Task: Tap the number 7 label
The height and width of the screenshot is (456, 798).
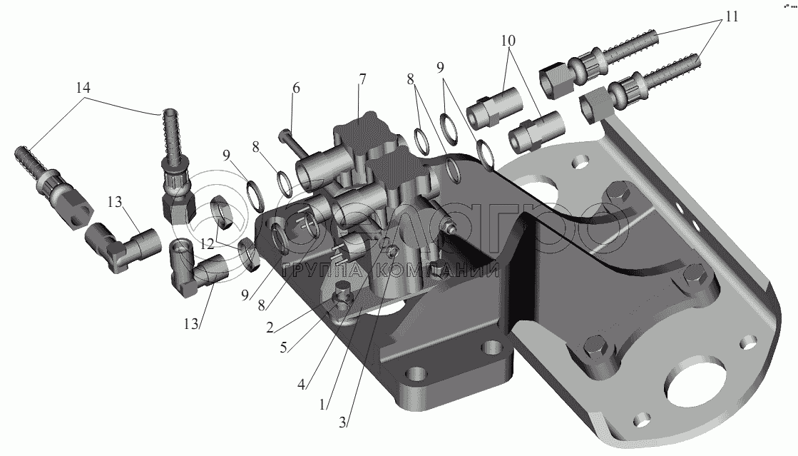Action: pos(362,79)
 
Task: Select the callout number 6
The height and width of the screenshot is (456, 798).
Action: pos(296,88)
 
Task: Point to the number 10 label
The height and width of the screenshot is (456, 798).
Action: pos(508,40)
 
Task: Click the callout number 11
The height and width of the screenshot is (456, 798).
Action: pos(731,16)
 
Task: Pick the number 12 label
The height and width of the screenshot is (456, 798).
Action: pos(207,244)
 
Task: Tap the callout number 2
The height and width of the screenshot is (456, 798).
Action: pos(270,327)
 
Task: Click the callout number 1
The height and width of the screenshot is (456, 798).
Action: pos(322,405)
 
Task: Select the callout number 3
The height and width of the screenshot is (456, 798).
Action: pos(342,422)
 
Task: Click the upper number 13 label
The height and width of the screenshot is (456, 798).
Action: pos(115,202)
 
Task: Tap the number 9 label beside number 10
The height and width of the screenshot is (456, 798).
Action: pos(440,67)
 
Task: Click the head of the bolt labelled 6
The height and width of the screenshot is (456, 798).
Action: pos(284,136)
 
